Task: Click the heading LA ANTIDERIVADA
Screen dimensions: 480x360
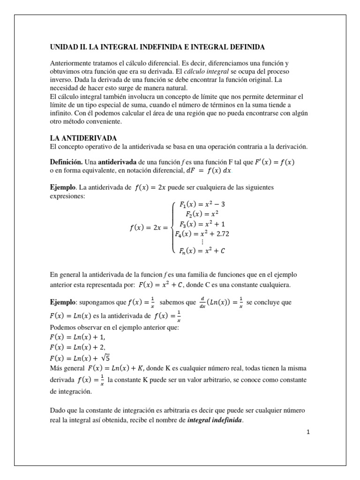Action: click(x=83, y=138)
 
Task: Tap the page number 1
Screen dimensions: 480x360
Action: click(x=308, y=432)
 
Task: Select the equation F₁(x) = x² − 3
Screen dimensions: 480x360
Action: click(x=202, y=205)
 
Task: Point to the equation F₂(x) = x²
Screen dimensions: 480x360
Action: click(x=202, y=214)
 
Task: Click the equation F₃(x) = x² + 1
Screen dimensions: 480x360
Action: click(x=202, y=224)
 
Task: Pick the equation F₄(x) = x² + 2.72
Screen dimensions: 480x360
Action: click(x=202, y=233)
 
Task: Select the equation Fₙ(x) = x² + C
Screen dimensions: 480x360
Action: click(x=202, y=251)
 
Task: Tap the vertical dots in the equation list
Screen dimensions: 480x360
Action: click(x=202, y=242)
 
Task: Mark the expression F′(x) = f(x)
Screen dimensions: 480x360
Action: click(x=274, y=162)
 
